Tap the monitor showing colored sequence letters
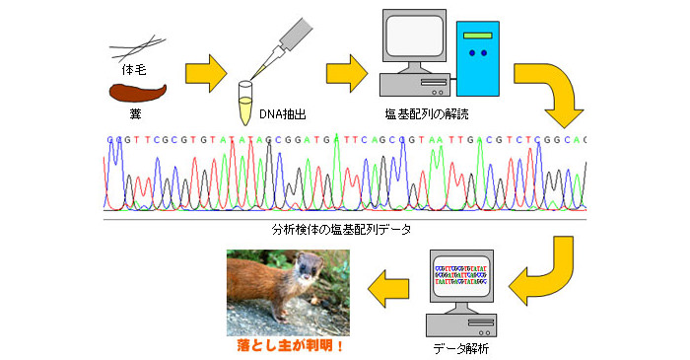pos(461,276)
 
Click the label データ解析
pos(461,348)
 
